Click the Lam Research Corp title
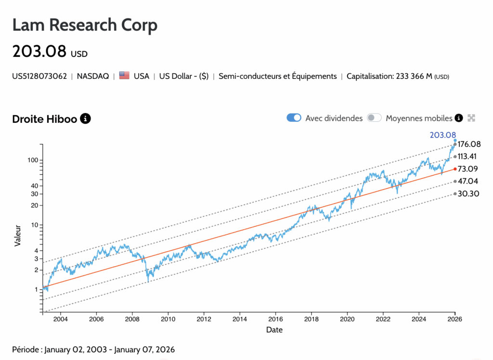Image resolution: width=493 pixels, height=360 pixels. pos(85,25)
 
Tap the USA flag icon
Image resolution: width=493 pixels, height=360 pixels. pos(124,76)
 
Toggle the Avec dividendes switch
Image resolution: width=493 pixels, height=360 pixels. pos(294,118)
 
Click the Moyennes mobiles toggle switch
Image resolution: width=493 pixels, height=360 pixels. pos(374,118)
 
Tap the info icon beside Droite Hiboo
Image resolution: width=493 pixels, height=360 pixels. pos(85,118)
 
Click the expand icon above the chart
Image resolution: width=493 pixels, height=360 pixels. pos(471,118)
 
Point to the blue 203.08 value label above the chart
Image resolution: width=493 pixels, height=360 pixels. pos(442,135)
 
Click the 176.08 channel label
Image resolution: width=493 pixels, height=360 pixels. pos(469,144)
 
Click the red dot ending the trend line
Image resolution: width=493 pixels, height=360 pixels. pos(455,169)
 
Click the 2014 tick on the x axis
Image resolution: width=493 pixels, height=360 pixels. pos(240,319)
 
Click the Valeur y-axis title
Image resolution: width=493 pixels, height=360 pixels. pos(18,235)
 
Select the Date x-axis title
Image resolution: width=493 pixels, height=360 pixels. pos(274,330)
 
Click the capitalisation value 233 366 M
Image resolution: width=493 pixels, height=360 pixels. pos(414,76)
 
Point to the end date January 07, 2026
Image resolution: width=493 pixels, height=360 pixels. pos(144,349)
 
